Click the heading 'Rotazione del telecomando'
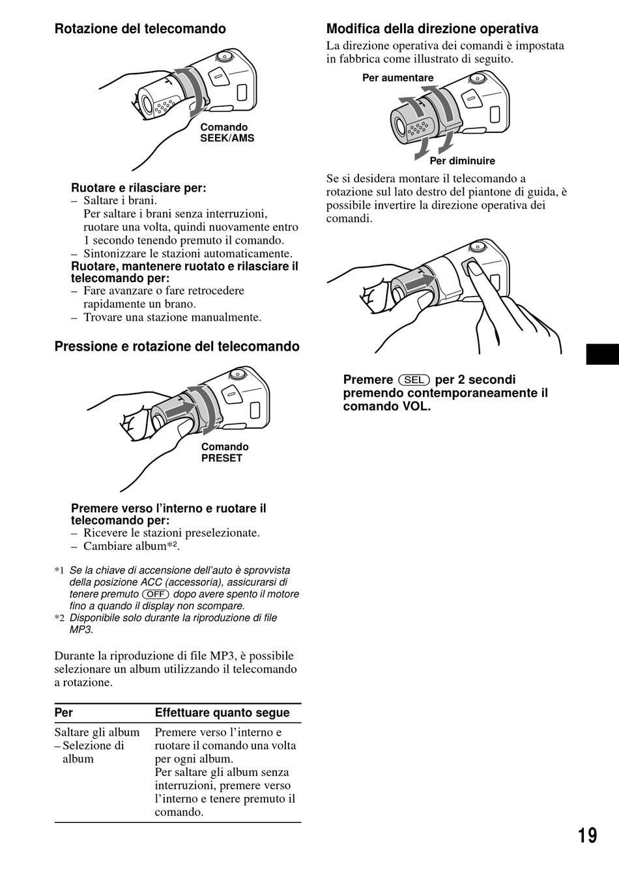pyautogui.click(x=140, y=29)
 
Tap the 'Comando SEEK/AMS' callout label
pyautogui.click(x=227, y=133)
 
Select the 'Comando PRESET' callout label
pyautogui.click(x=225, y=452)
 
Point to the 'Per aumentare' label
pyautogui.click(x=397, y=78)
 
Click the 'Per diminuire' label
pyautogui.click(x=462, y=161)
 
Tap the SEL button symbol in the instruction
pyautogui.click(x=414, y=380)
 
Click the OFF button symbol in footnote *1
pyautogui.click(x=156, y=594)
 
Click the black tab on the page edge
pyautogui.click(x=603, y=354)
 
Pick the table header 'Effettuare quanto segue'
pyautogui.click(x=222, y=712)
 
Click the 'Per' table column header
pyautogui.click(x=64, y=712)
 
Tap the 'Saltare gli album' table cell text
pyautogui.click(x=97, y=732)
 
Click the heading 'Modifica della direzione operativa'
pyautogui.click(x=432, y=29)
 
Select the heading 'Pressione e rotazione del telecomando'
pyautogui.click(x=177, y=346)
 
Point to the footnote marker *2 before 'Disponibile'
pyautogui.click(x=59, y=618)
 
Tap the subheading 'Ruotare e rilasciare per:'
pyautogui.click(x=139, y=188)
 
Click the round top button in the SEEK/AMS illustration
pyautogui.click(x=223, y=57)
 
